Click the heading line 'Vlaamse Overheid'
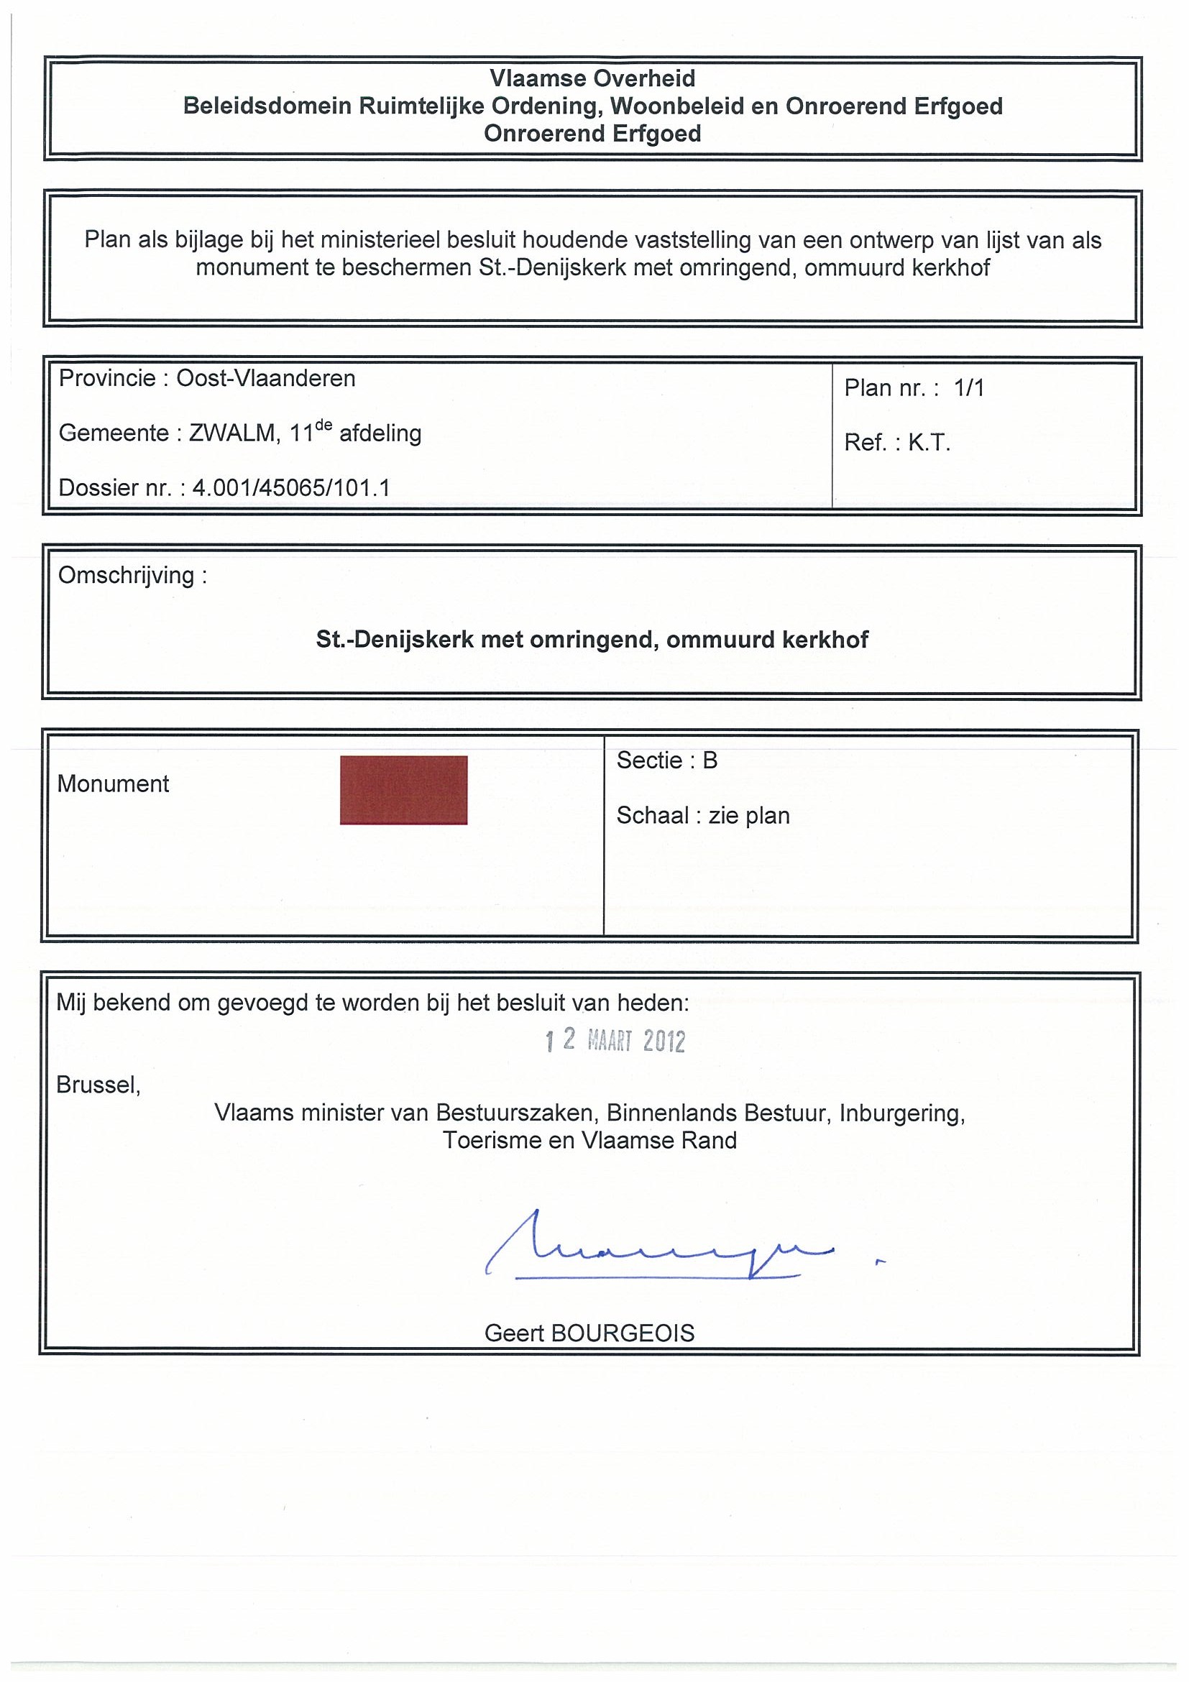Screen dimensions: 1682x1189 coord(592,78)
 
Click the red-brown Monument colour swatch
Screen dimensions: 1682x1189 coord(403,790)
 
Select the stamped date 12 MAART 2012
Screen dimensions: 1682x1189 coord(615,1041)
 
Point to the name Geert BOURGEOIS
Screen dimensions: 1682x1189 coord(589,1333)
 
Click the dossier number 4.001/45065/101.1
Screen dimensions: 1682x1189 coord(291,488)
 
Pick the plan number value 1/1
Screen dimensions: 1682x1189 coord(968,388)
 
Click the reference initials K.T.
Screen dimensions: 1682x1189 coord(929,444)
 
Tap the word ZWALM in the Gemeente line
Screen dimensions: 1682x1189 coord(231,433)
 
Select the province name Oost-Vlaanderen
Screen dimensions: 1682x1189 coord(265,379)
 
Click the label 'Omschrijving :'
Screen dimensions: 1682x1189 coord(132,576)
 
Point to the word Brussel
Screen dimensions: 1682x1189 coord(98,1085)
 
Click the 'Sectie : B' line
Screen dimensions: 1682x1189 coord(666,760)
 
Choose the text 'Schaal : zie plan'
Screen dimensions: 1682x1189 coord(702,815)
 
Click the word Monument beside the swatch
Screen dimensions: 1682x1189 coord(113,784)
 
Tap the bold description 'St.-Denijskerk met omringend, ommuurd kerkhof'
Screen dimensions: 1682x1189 coord(592,640)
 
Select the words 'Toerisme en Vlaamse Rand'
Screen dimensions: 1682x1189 coord(589,1141)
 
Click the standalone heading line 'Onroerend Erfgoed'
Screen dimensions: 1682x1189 coord(592,134)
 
